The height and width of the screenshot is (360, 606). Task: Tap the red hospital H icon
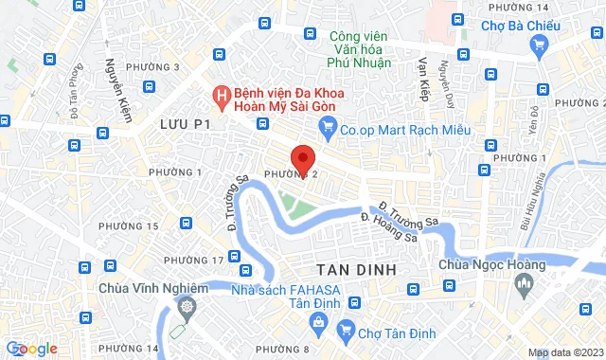220,96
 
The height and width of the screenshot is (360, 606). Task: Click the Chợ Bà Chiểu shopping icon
540,45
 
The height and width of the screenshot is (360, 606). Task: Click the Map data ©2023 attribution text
564,352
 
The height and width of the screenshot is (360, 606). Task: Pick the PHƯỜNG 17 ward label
193,260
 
